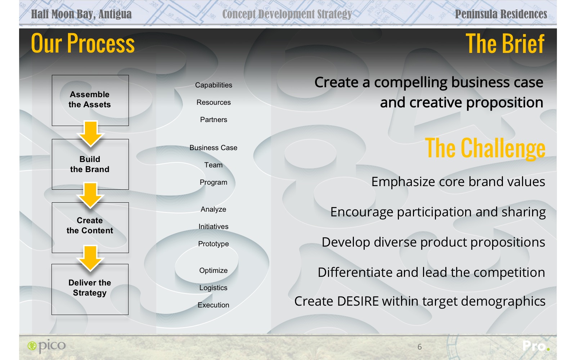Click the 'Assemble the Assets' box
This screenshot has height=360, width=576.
coord(90,100)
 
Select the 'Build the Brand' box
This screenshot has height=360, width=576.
coord(90,164)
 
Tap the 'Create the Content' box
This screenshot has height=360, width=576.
coord(90,228)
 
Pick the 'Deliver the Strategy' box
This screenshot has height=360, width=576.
coord(90,289)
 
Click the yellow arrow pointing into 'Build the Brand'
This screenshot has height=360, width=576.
coord(90,134)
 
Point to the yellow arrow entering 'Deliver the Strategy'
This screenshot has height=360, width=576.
coord(90,258)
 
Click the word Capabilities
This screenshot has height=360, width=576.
coord(213,85)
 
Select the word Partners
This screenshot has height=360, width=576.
coord(213,120)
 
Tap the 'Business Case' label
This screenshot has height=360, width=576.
coord(213,148)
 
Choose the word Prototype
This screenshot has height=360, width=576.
coord(213,244)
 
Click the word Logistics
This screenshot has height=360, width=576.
coord(213,288)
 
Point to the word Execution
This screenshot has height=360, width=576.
coord(213,305)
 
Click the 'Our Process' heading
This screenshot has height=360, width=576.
coord(83,43)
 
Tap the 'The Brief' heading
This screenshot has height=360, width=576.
coord(505,44)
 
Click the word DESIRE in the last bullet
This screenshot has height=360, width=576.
coord(358,301)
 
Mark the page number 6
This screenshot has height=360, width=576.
coord(420,347)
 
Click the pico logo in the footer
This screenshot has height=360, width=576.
coord(46,346)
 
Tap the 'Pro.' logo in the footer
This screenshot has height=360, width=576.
coord(536,346)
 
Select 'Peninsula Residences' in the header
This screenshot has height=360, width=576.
coord(501,14)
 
